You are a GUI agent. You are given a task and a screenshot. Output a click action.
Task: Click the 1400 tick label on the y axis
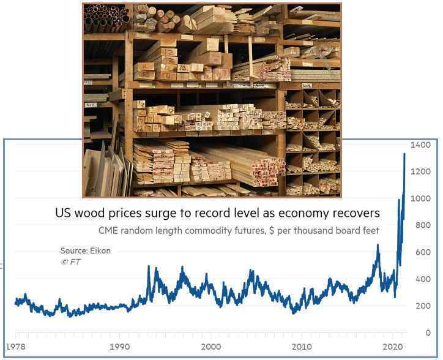pos(422,144)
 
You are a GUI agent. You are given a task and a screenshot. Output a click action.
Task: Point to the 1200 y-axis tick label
pos(422,171)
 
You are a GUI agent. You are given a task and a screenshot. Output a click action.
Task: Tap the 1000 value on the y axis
pos(422,198)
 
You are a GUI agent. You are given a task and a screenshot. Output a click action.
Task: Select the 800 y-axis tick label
pos(423,225)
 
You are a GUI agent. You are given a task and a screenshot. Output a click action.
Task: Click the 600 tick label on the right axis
pos(423,252)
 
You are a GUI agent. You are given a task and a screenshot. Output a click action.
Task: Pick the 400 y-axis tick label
pos(423,279)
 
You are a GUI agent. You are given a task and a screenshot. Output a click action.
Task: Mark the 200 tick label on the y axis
pos(423,306)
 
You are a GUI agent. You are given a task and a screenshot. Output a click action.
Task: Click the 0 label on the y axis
pos(428,333)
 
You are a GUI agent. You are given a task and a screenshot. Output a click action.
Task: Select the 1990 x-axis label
pos(121,347)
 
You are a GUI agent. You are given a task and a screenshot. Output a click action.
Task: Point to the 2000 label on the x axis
pos(210,347)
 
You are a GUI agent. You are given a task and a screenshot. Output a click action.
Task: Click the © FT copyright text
pos(70,262)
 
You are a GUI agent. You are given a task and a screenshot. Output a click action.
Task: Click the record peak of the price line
pos(404,154)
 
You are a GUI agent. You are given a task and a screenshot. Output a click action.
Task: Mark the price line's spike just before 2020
pos(378,245)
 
